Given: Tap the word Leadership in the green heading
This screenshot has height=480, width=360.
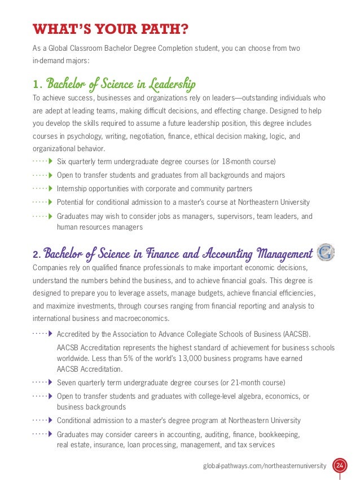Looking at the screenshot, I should coord(170,85).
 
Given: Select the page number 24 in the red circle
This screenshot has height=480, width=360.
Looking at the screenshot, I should coord(340,466).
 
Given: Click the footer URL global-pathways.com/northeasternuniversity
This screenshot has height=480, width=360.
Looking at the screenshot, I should coord(265,466).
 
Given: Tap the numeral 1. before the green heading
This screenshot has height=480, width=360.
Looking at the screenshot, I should coord(37,85).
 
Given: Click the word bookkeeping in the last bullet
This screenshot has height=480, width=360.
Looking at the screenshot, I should coord(272,434).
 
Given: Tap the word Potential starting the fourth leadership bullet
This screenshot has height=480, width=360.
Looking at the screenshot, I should coord(72,202).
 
